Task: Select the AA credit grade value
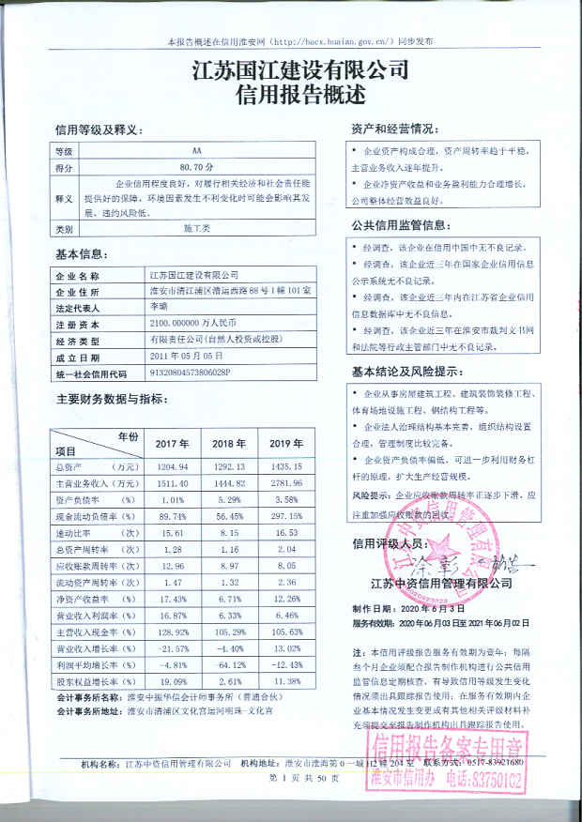196,151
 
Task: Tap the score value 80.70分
196,167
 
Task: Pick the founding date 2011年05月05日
187,357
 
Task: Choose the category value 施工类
196,229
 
